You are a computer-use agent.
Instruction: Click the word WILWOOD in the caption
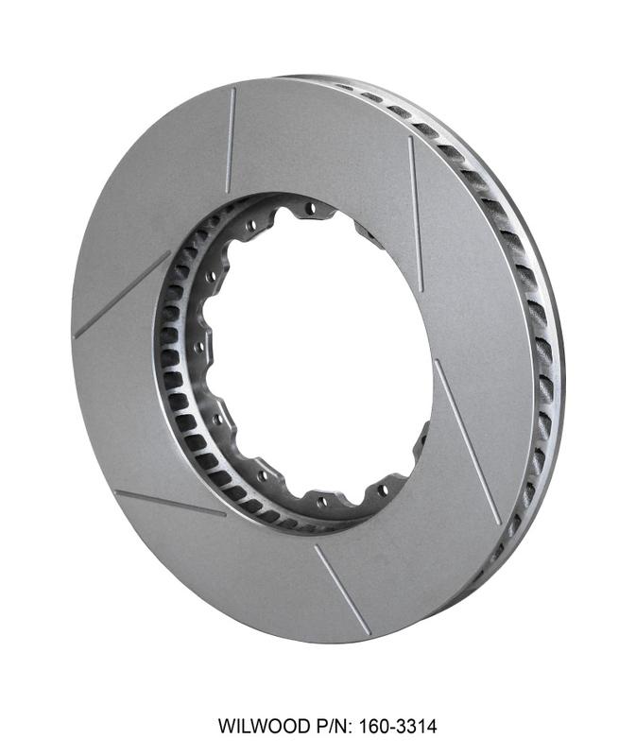point(265,726)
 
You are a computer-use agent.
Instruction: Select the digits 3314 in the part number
point(416,726)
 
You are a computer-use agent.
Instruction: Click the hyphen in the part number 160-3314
point(391,727)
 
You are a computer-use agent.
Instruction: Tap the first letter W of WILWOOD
point(226,726)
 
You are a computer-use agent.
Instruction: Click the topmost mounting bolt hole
point(312,208)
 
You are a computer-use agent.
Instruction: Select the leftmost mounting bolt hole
point(198,346)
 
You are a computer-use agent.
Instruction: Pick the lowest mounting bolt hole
point(322,504)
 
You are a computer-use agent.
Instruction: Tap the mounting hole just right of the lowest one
point(384,490)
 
